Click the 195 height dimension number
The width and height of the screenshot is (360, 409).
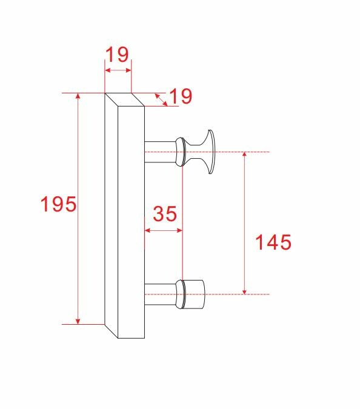click(x=58, y=205)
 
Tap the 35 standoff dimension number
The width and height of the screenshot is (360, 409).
click(x=164, y=214)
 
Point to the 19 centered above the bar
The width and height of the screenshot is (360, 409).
click(x=117, y=55)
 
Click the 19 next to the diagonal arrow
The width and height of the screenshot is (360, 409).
click(x=180, y=96)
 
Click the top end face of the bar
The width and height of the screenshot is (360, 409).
click(x=124, y=99)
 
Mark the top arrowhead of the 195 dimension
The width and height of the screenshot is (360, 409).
click(x=78, y=97)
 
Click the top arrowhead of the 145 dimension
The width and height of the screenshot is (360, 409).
click(x=244, y=155)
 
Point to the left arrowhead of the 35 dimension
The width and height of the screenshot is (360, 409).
click(x=148, y=230)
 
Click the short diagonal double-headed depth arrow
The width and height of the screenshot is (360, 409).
click(x=161, y=99)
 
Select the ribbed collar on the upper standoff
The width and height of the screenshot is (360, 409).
click(x=179, y=151)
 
